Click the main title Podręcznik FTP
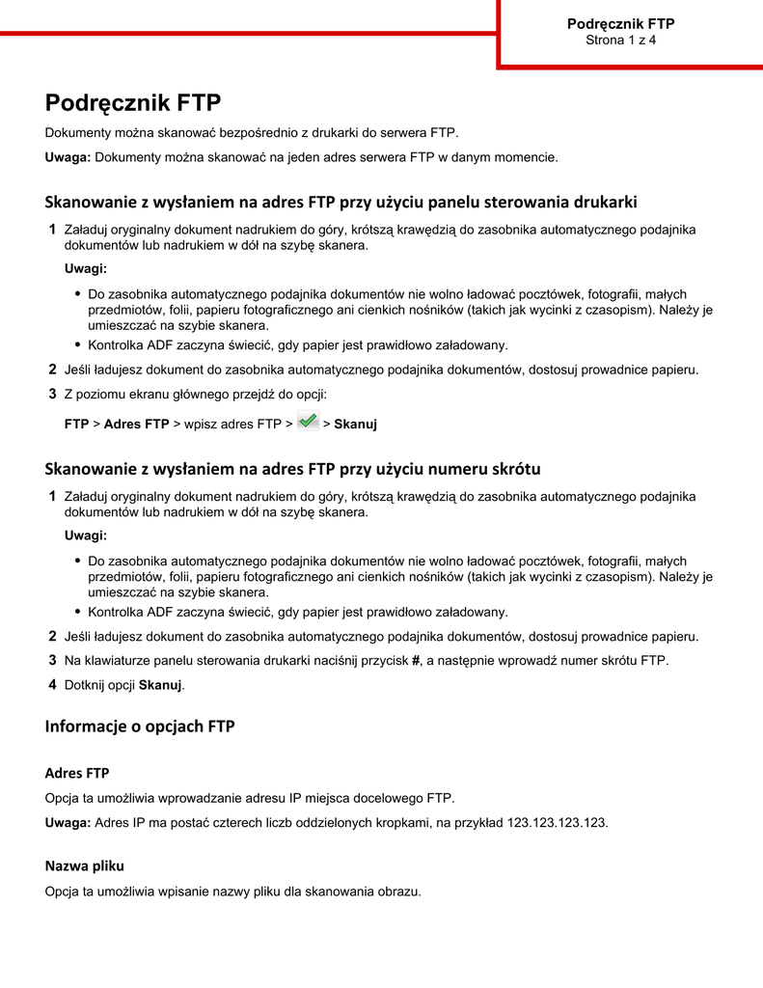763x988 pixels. (133, 103)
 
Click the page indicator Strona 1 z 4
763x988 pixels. (620, 41)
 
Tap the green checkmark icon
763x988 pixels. (309, 421)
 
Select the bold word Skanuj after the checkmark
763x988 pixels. (355, 424)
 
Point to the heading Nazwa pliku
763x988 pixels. (85, 865)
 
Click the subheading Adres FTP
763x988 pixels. (77, 773)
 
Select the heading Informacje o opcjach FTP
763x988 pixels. (140, 727)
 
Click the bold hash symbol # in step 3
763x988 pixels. (415, 661)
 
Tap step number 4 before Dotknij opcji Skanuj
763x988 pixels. (52, 685)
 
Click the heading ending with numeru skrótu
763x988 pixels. (292, 469)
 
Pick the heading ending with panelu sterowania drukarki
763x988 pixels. (341, 203)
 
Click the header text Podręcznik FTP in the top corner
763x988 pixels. (620, 24)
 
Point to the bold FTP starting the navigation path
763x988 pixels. (76, 424)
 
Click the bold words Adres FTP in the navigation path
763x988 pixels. (136, 424)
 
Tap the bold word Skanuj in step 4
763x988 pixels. (160, 685)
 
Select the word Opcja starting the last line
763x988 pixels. (63, 892)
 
